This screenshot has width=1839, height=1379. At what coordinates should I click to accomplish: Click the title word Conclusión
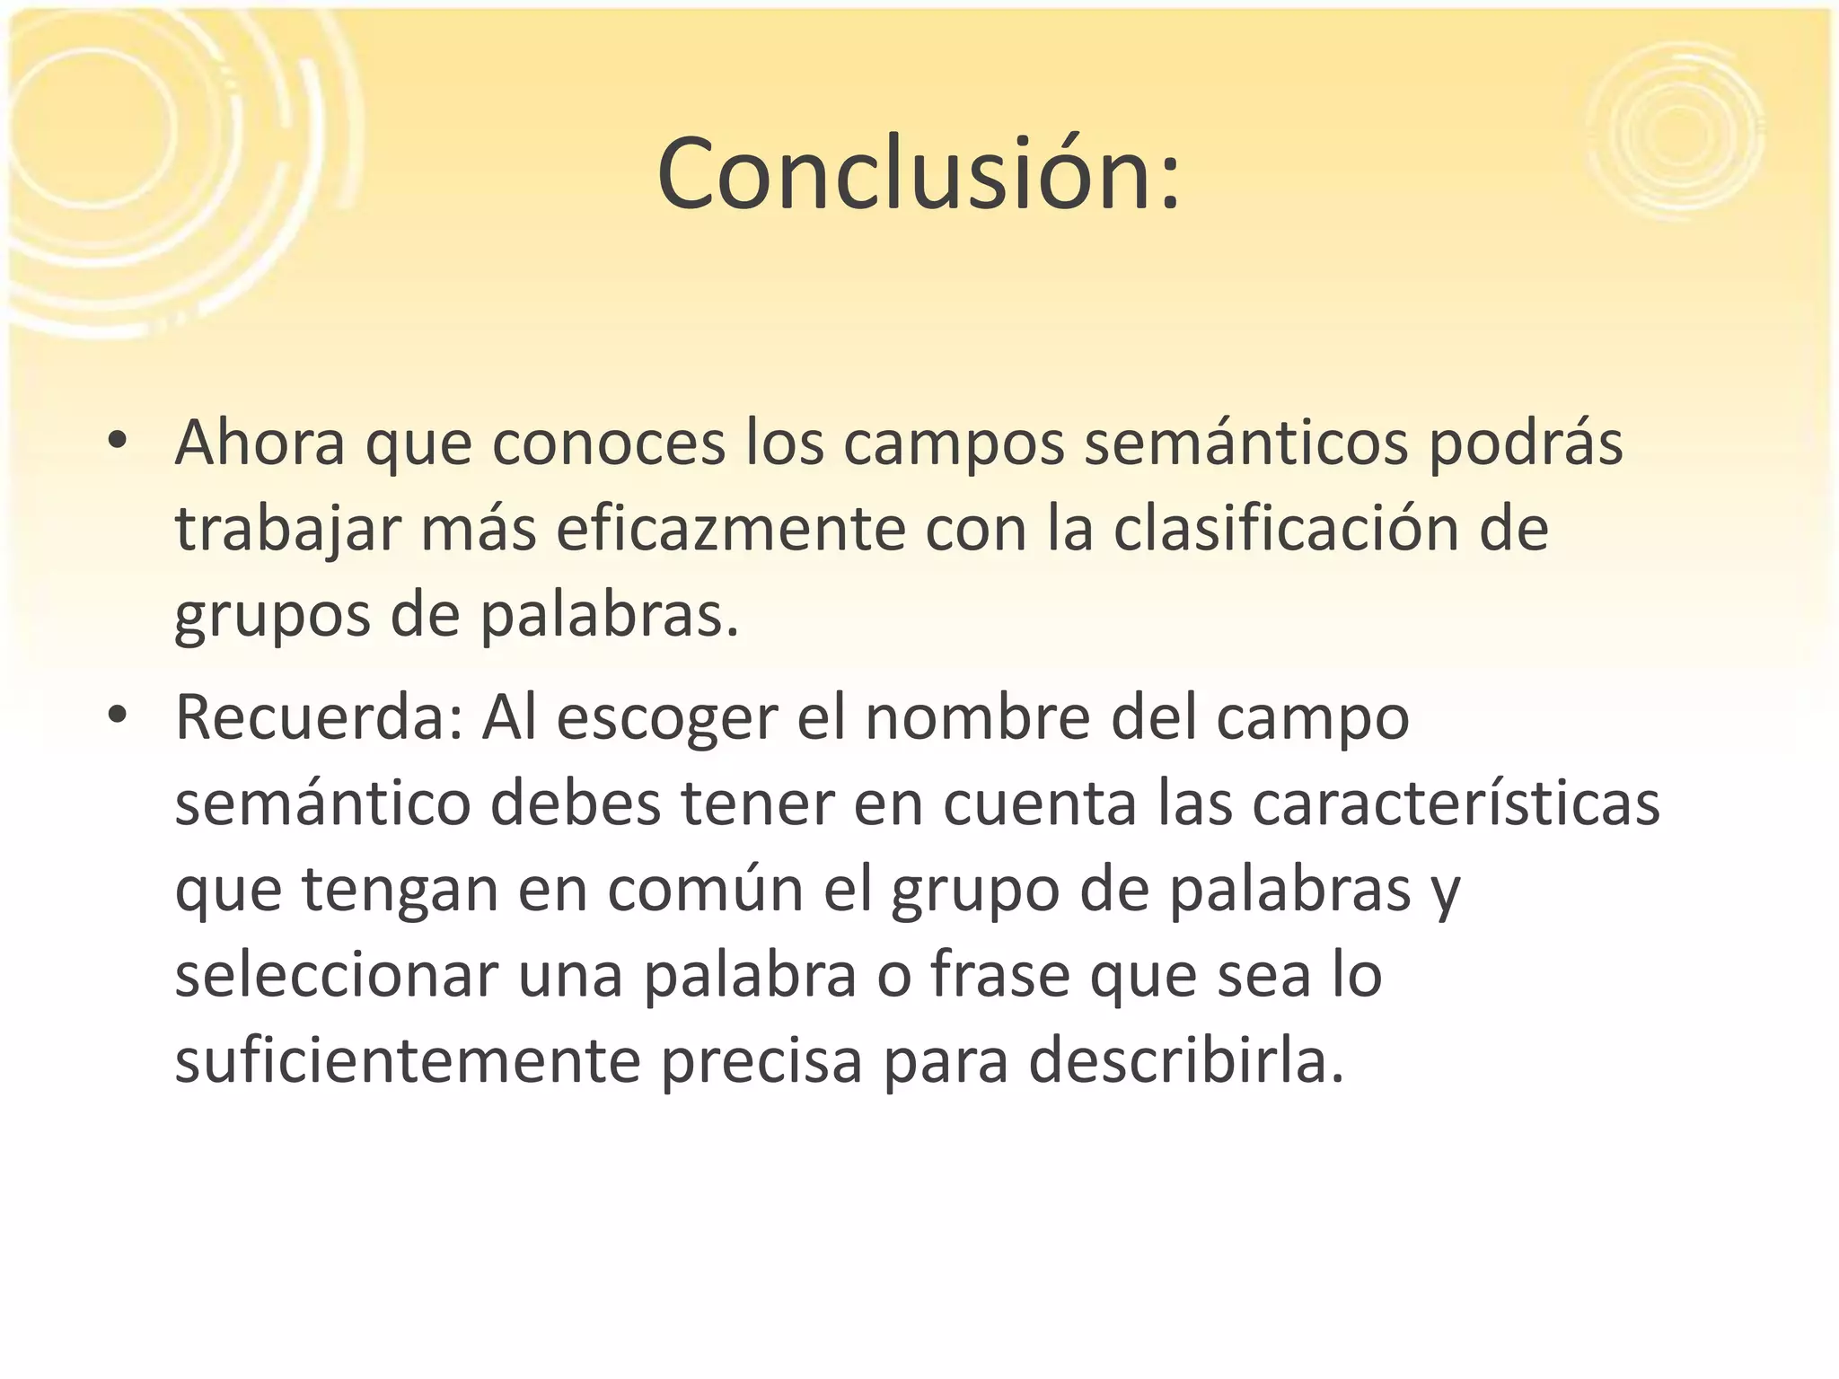[918, 174]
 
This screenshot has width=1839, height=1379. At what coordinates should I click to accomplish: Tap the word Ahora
[260, 443]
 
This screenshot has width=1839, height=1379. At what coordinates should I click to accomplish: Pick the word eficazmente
[731, 529]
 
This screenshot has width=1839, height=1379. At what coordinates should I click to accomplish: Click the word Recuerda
[320, 718]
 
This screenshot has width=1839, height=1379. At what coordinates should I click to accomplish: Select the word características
[1456, 804]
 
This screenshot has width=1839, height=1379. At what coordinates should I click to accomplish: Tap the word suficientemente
[408, 1060]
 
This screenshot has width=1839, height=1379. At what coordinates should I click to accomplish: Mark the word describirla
[1185, 1060]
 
